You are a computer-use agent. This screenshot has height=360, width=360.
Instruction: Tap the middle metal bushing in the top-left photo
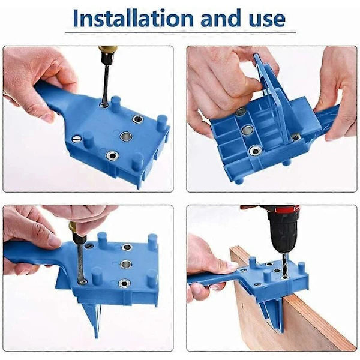125,136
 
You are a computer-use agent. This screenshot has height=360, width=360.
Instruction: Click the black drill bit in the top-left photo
106,84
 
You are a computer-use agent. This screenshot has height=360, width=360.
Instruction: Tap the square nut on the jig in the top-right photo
296,137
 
